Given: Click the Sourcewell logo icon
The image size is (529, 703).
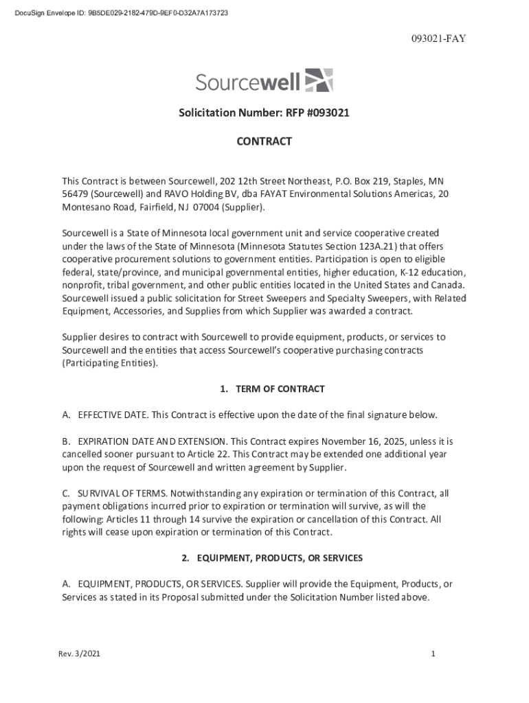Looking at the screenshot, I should pyautogui.click(x=319, y=80).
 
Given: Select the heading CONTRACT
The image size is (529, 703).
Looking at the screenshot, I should pyautogui.click(x=264, y=141).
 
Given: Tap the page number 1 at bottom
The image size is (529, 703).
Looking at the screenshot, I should pyautogui.click(x=434, y=654).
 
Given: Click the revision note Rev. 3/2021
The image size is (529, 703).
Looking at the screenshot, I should pyautogui.click(x=79, y=654).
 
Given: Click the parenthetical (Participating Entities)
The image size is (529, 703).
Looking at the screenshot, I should pyautogui.click(x=110, y=363).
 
